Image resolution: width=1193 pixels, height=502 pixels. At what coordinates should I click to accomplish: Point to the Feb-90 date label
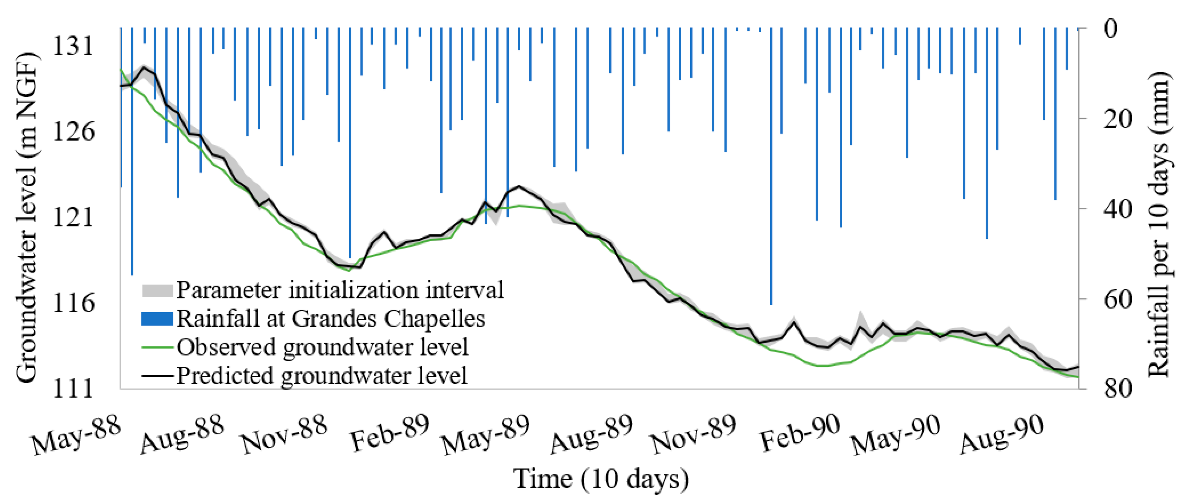click(x=800, y=434)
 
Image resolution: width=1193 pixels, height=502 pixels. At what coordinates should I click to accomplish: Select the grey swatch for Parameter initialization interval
click(x=157, y=291)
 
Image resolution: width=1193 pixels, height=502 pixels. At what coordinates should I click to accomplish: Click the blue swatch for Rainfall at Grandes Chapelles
click(x=157, y=319)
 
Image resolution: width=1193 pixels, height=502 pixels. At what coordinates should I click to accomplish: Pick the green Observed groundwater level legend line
click(x=157, y=347)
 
